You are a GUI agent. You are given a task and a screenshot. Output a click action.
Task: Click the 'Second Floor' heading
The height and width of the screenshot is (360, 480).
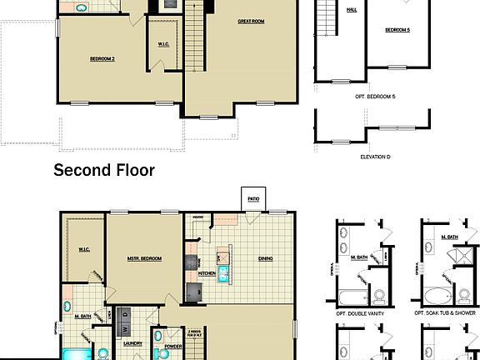click(x=104, y=171)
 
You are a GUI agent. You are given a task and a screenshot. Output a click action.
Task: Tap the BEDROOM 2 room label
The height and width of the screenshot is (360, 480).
click(x=102, y=58)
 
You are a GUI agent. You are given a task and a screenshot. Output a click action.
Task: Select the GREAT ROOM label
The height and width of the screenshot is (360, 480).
click(x=251, y=21)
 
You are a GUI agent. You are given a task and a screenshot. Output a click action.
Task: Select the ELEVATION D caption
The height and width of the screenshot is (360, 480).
click(x=375, y=157)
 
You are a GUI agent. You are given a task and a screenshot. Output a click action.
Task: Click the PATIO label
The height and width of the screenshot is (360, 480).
click(x=252, y=198)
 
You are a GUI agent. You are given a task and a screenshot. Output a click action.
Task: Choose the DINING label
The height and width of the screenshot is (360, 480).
click(x=265, y=258)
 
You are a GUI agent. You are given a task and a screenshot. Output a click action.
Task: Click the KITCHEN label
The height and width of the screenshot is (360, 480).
click(x=207, y=272)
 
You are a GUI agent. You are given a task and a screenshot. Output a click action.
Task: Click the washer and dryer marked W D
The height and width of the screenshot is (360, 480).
click(x=125, y=315)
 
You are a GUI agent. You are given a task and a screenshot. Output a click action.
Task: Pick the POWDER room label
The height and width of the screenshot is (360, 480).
click(x=173, y=345)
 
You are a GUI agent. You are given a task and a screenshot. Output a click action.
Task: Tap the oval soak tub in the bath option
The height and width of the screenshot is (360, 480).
click(x=435, y=294)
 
